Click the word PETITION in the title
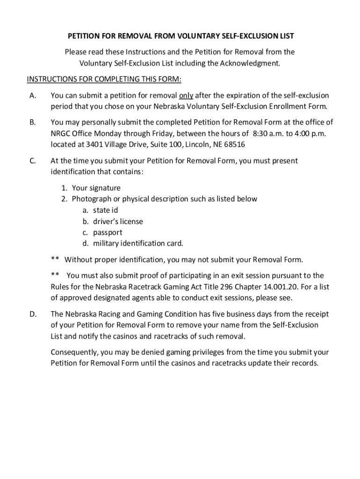pos(85,36)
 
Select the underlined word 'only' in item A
pos(186,95)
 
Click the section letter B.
pos(32,123)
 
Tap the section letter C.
pos(32,161)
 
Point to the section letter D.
pos(33,314)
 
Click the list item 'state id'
pos(105,210)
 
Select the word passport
pos(108,232)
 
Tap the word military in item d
pos(106,243)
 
